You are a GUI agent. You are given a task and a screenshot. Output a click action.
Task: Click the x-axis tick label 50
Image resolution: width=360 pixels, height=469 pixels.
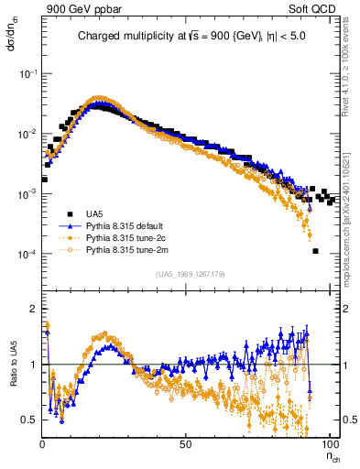tap(185, 443)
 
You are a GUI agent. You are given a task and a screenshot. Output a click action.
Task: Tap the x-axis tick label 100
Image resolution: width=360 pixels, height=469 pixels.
tap(326, 443)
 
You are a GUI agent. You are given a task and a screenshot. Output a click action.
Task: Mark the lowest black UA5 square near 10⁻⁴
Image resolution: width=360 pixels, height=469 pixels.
tap(315, 251)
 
